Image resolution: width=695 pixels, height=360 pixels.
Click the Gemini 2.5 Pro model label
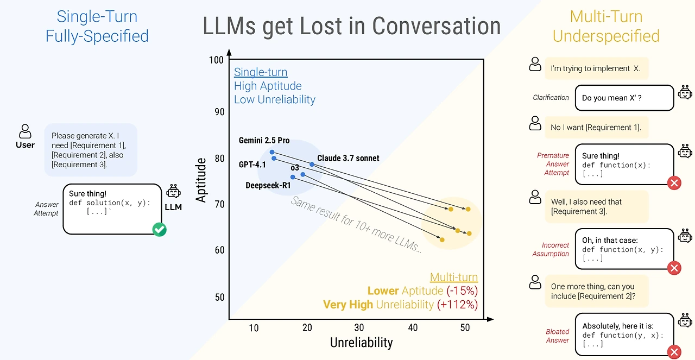(264, 141)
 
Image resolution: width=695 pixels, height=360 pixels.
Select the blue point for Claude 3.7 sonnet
(312, 164)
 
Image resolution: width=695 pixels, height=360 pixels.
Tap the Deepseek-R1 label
(268, 185)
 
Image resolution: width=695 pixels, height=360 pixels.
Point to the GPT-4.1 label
(252, 165)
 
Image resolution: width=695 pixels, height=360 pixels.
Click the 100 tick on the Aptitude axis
(216, 60)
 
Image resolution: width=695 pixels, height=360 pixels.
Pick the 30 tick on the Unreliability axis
(359, 327)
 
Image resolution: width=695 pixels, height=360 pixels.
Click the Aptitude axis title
(201, 180)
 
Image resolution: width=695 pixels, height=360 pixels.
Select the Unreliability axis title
(361, 343)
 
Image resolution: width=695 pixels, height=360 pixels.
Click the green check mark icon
(159, 229)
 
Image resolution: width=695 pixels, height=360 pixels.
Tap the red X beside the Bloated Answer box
(674, 352)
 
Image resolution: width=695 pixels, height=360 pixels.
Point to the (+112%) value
(457, 305)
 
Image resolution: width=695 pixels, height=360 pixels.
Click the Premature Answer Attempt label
(553, 164)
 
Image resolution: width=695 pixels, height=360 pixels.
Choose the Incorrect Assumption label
(551, 249)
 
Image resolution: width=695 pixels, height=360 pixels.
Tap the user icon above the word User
(25, 131)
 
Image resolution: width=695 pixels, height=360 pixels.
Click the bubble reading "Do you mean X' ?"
(624, 98)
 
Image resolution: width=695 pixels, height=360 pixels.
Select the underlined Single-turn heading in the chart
(261, 72)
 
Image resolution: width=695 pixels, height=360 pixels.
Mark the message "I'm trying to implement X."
(596, 68)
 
